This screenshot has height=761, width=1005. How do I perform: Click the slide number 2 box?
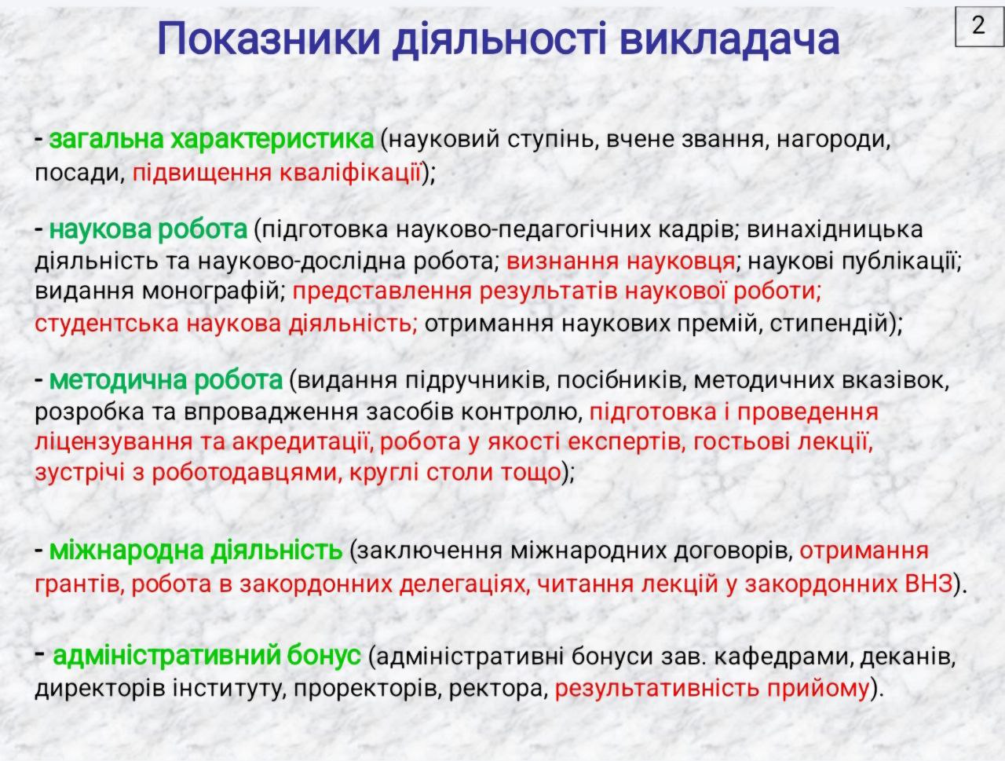pyautogui.click(x=979, y=27)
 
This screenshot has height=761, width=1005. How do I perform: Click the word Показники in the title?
pyautogui.click(x=269, y=39)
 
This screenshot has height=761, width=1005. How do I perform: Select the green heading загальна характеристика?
pyautogui.click(x=211, y=139)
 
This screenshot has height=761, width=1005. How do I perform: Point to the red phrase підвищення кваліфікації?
pyautogui.click(x=276, y=173)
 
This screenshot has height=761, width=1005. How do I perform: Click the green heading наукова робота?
pyautogui.click(x=148, y=229)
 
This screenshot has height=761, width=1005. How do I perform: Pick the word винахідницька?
pyautogui.click(x=835, y=229)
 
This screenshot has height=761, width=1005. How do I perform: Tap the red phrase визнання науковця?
pyautogui.click(x=621, y=262)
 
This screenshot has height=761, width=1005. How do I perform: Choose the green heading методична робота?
pyautogui.click(x=166, y=380)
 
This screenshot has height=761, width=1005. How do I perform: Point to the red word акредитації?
pyautogui.click(x=301, y=442)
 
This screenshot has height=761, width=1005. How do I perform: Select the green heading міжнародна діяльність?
pyautogui.click(x=196, y=550)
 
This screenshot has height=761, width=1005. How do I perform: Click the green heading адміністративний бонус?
pyautogui.click(x=207, y=656)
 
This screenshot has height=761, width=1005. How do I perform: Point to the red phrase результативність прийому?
pyautogui.click(x=712, y=688)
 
